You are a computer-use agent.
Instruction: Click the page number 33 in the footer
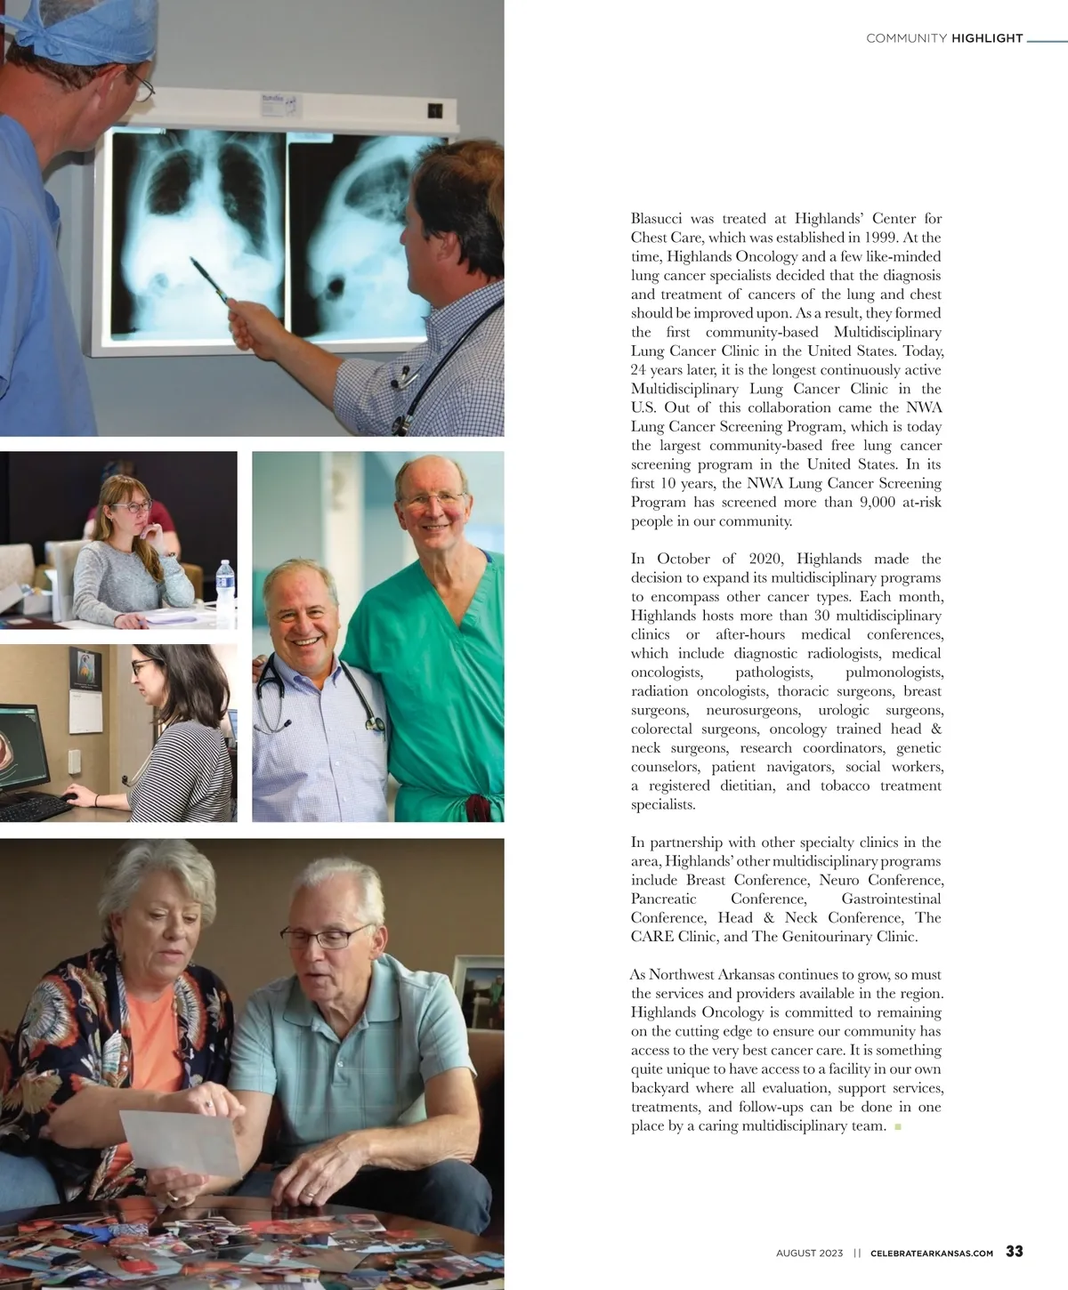click(1014, 1251)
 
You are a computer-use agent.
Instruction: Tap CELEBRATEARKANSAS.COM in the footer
click(931, 1253)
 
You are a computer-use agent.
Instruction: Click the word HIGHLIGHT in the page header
click(987, 38)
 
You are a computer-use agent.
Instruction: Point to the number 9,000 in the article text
click(877, 502)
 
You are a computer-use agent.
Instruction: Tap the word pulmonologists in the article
click(893, 673)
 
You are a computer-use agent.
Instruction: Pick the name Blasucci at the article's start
click(659, 218)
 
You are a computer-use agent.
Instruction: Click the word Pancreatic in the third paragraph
click(663, 899)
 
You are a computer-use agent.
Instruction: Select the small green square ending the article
click(897, 1127)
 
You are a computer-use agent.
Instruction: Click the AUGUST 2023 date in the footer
click(808, 1253)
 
